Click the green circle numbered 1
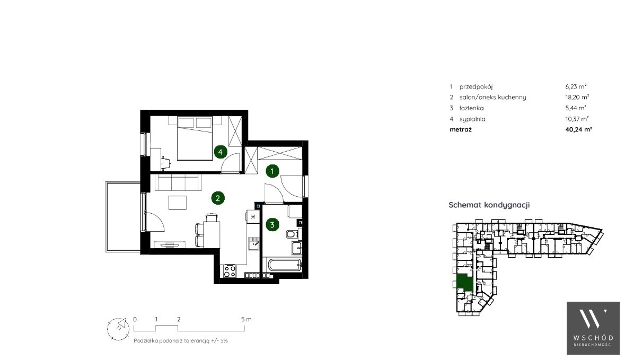pos(272,171)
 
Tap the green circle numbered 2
pos(218,198)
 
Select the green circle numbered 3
pos(272,225)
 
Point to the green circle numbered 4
pos(221,152)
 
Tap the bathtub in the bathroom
pos(285,265)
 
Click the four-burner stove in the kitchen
pos(230,271)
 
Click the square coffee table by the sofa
pos(178,203)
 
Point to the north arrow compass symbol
pos(118,329)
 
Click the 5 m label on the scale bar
pos(247,319)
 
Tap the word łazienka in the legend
pos(472,108)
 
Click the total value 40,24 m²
pos(578,129)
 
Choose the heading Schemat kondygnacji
pos(489,205)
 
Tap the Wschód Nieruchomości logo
pos(593,328)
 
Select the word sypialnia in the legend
pos(472,119)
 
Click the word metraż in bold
pos(460,129)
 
